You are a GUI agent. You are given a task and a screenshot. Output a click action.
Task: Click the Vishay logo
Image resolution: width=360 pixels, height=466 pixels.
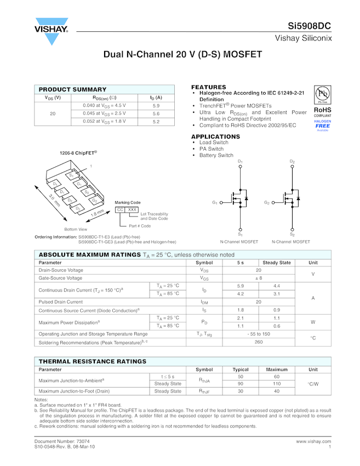[51, 32]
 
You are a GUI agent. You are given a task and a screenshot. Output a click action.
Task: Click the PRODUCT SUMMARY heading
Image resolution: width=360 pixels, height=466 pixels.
[72, 89]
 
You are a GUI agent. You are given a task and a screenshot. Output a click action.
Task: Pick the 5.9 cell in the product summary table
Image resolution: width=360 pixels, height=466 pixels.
[156, 105]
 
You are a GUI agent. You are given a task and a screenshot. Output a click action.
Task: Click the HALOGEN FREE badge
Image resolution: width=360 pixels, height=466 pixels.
[323, 124]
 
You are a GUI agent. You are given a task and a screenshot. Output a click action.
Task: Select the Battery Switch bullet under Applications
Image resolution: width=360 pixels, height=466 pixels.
[216, 155]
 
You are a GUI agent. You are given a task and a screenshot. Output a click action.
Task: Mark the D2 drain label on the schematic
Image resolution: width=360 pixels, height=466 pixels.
[292, 162]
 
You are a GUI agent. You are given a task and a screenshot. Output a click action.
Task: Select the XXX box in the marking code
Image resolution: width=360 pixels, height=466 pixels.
[132, 209]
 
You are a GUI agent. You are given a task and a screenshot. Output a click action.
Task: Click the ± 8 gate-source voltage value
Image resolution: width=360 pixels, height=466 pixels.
[259, 278]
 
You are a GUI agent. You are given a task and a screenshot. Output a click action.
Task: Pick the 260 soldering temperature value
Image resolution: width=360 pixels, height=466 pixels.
[259, 342]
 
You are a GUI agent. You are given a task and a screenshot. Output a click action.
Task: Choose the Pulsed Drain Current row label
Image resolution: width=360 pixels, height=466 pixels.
[61, 302]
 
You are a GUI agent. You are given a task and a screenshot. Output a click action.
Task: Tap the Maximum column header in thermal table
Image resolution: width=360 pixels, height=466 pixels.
[277, 370]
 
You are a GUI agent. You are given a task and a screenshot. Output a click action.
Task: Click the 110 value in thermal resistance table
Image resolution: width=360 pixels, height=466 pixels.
[277, 384]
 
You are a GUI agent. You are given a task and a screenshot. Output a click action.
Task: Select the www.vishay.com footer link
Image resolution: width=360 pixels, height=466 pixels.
[313, 441]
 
